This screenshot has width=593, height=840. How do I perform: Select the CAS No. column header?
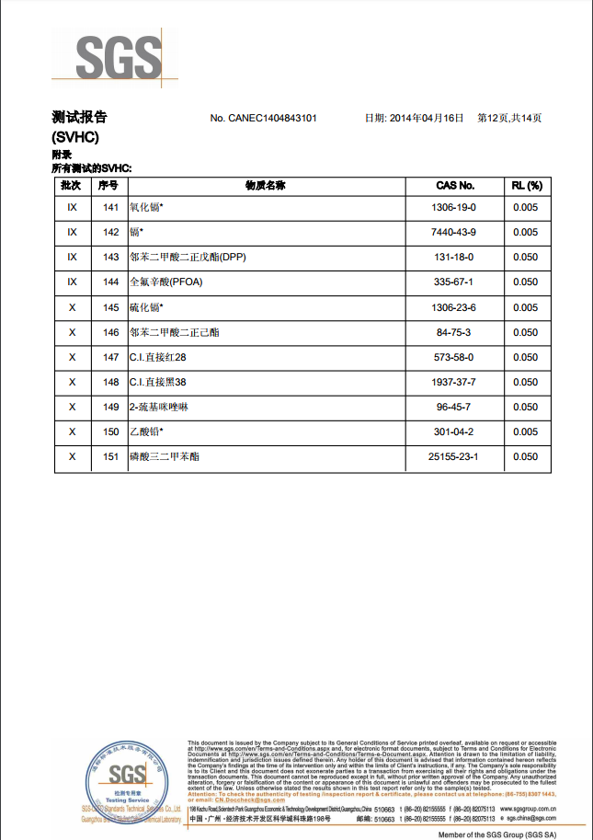(454, 186)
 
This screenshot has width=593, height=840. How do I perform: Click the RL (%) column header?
(525, 186)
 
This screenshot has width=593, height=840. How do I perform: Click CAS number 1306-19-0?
(454, 208)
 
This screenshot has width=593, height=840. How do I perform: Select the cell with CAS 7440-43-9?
(454, 233)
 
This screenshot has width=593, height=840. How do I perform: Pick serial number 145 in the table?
(111, 307)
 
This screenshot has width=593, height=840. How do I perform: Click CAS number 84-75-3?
(454, 332)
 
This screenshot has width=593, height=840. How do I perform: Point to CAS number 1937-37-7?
(454, 382)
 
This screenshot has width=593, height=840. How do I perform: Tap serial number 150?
(111, 432)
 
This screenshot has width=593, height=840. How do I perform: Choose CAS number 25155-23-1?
(454, 456)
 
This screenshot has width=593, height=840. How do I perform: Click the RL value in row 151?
(525, 456)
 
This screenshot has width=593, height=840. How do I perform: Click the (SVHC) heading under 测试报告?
(75, 137)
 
